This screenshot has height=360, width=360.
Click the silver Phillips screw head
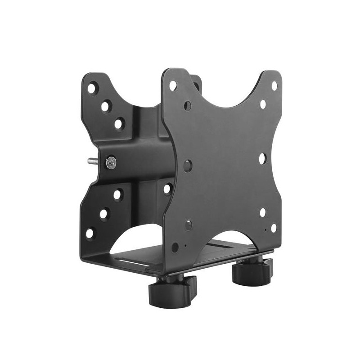pyautogui.click(x=111, y=162)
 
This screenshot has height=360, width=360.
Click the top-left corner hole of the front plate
pyautogui.click(x=173, y=85)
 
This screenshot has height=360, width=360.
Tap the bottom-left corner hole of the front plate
pyautogui.click(x=175, y=247)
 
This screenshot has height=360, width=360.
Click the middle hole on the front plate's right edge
pyautogui.click(x=262, y=158)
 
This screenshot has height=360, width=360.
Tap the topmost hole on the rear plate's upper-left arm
pyautogui.click(x=92, y=88)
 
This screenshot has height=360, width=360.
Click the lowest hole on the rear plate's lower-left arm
pyautogui.click(x=90, y=233)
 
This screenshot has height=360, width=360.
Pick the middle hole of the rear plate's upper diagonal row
pyautogui.click(x=106, y=106)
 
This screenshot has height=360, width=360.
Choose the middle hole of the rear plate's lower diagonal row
pyautogui.click(x=103, y=214)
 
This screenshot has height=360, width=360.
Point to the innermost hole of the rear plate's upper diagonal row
pyautogui.click(x=119, y=123)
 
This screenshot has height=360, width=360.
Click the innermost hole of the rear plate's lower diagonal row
pyautogui.click(x=117, y=195)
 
